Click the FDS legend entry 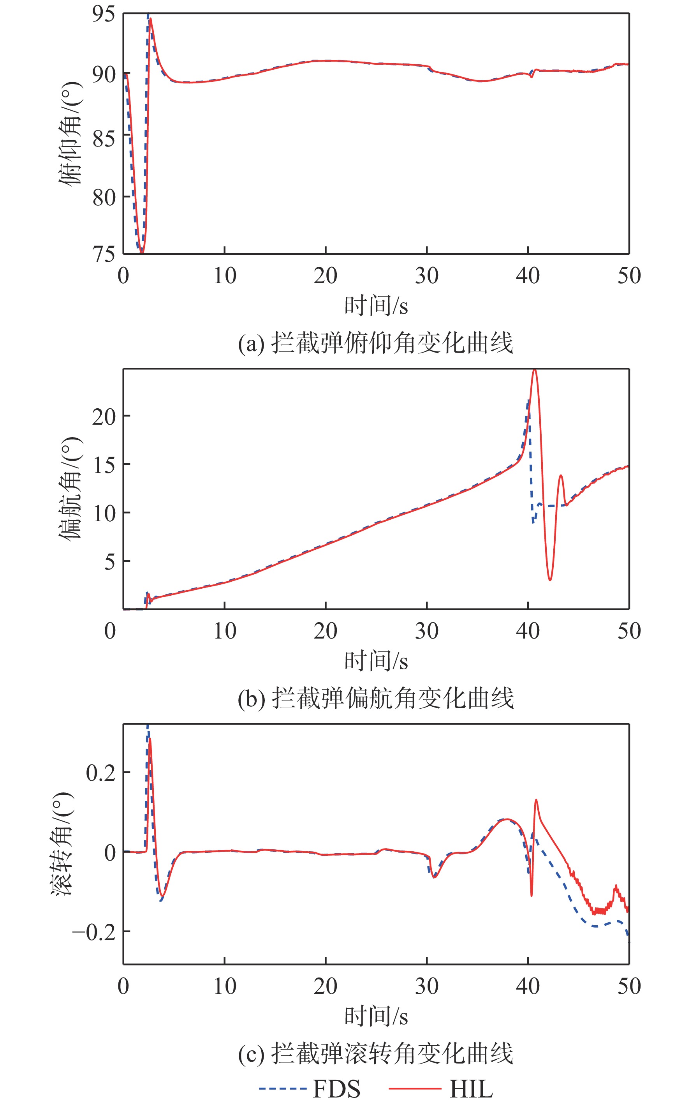point(310,1089)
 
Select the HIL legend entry point(441,1089)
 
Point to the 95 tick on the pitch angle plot point(104,14)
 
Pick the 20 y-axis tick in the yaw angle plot point(104,416)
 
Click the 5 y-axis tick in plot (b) point(109,561)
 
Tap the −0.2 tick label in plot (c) point(94,932)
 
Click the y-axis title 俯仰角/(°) point(71,133)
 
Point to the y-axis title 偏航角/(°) point(71,489)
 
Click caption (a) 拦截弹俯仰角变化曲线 point(375,343)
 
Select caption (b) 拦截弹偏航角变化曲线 point(375,699)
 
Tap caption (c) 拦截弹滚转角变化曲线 point(375,1054)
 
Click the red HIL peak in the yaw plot point(535,371)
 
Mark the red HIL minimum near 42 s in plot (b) point(550,580)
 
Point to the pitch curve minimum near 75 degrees point(141,251)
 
